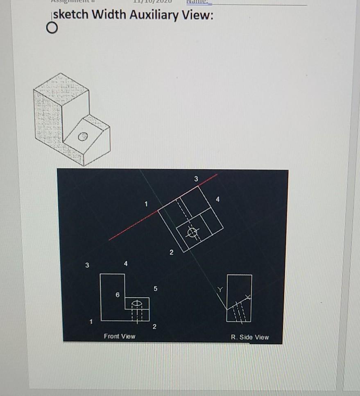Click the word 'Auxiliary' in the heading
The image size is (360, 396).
(154, 15)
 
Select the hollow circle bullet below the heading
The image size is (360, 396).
(51, 29)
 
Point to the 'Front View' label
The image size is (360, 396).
(119, 336)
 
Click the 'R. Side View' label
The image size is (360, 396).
(250, 337)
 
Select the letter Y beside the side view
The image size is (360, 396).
(220, 290)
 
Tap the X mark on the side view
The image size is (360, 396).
(247, 296)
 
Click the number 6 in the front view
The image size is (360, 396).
(117, 294)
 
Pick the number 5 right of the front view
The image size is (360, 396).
(155, 289)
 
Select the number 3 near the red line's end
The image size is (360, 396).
(196, 178)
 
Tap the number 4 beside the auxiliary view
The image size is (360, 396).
(217, 199)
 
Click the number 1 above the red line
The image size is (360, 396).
(145, 203)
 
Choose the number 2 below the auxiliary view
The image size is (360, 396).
(171, 251)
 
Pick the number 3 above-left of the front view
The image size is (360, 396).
(86, 265)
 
